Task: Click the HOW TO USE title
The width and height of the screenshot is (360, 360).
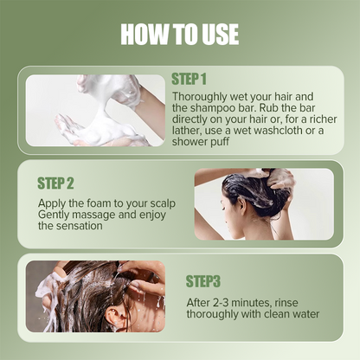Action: tap(179, 34)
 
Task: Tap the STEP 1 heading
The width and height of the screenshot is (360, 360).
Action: tap(202, 79)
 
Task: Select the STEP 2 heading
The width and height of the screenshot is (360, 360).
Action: tap(56, 183)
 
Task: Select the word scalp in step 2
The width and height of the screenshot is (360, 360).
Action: tap(145, 202)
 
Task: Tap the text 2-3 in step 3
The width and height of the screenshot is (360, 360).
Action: tap(227, 302)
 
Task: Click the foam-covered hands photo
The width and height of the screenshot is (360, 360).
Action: tap(95, 110)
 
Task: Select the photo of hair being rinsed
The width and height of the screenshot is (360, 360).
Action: tap(95, 297)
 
